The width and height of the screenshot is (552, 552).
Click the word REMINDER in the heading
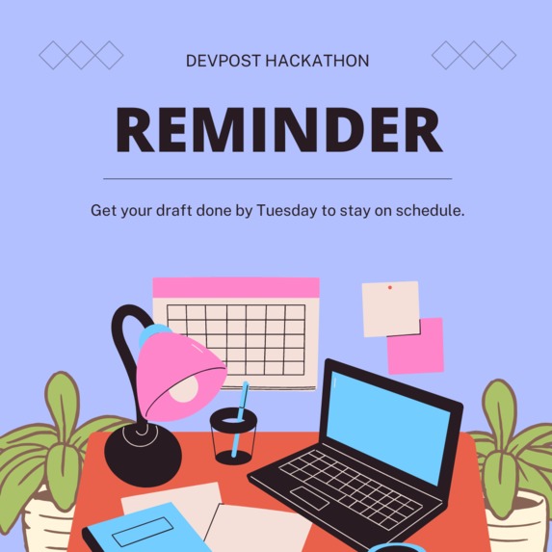(x=278, y=130)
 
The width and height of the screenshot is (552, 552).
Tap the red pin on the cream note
(x=389, y=287)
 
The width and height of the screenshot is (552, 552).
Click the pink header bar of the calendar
(x=236, y=288)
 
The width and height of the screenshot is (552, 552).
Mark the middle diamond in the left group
(x=81, y=55)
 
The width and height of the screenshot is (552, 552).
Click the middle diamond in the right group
(x=473, y=55)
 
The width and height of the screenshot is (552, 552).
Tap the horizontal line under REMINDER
(x=277, y=179)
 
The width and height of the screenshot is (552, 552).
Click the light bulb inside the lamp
(x=185, y=386)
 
